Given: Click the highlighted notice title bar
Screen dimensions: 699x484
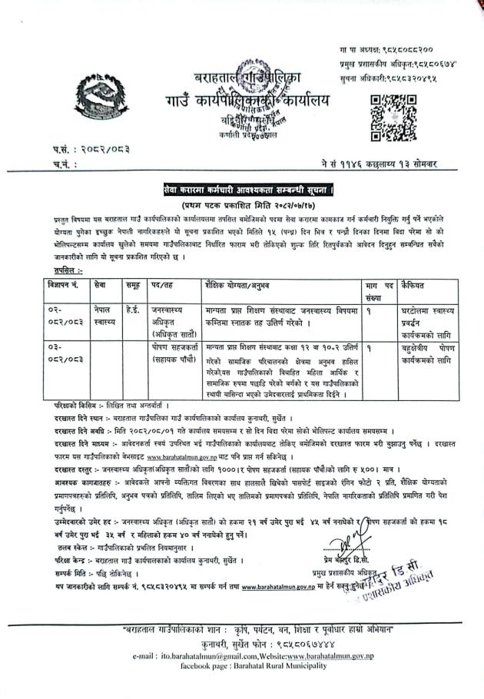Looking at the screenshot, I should point(241,187).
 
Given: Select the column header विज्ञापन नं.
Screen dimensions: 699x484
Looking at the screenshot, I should point(63,284).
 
